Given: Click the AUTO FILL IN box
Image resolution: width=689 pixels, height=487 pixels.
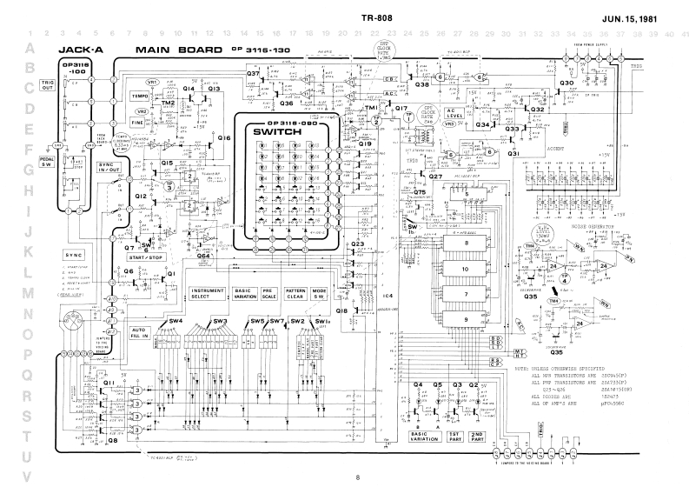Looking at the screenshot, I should coord(142,333).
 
